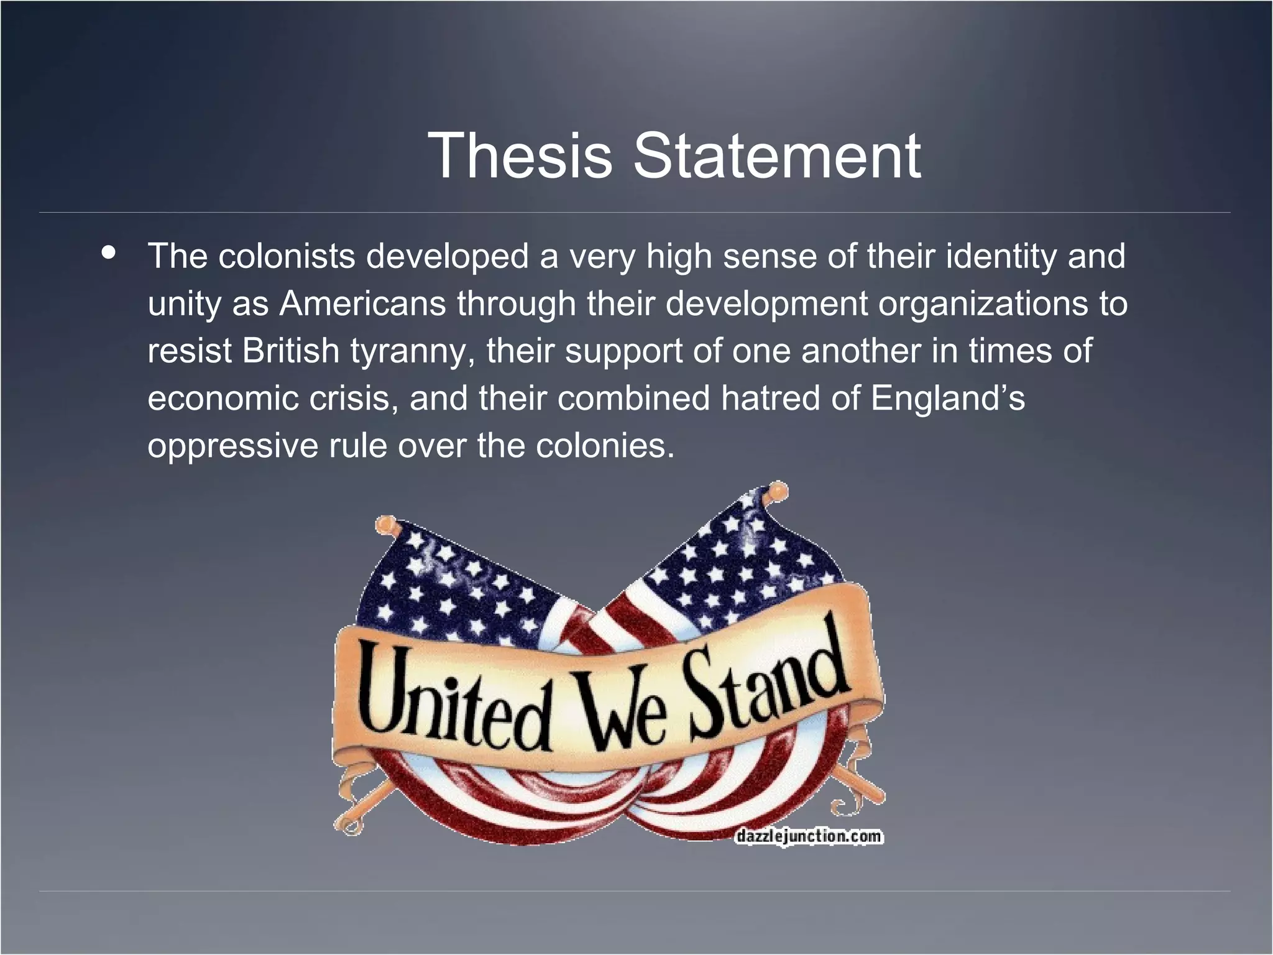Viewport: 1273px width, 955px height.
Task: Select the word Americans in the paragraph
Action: coord(362,303)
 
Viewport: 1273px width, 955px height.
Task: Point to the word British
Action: coord(290,351)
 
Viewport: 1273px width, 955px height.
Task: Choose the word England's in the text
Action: coord(947,399)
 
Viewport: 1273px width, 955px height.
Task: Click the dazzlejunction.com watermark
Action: coord(808,836)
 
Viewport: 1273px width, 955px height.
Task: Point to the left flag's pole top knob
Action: coord(385,525)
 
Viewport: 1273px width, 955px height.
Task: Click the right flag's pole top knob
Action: coord(777,491)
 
